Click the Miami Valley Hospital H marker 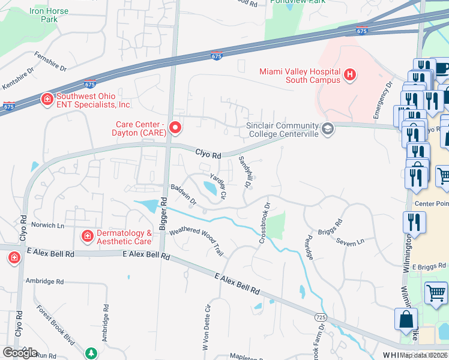[351, 76]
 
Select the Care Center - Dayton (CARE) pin [175, 127]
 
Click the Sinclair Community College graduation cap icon [328, 129]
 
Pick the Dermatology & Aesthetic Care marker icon [88, 237]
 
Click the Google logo [20, 353]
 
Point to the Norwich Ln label [48, 226]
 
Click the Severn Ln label [351, 242]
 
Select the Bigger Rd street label [163, 215]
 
